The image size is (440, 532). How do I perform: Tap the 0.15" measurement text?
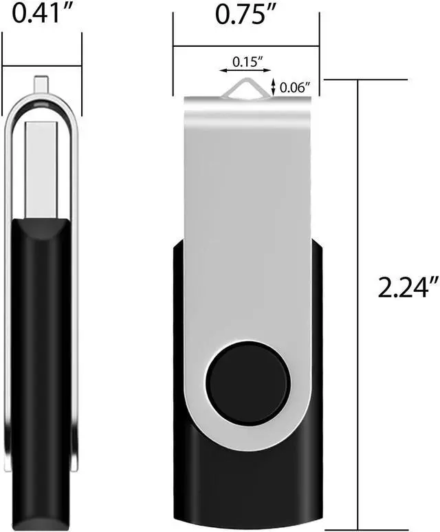[247, 61]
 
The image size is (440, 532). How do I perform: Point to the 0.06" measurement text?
[296, 87]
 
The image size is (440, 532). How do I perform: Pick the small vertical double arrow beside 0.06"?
[274, 87]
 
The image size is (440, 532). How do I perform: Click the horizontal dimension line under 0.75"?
[246, 46]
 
